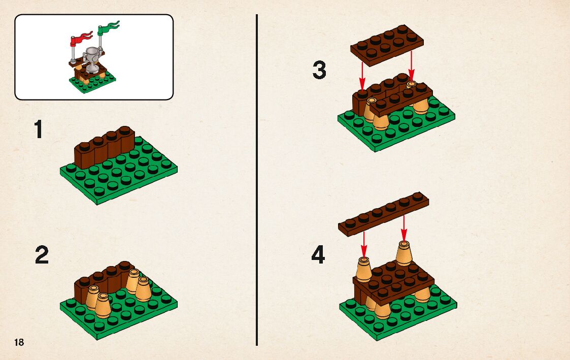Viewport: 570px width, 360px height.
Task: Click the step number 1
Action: (x=38, y=129)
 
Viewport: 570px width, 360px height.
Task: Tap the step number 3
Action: (x=319, y=70)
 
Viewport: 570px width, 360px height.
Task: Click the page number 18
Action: (x=19, y=342)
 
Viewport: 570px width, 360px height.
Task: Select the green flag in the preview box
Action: (x=108, y=28)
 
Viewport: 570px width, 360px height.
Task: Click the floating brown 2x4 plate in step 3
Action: (x=387, y=46)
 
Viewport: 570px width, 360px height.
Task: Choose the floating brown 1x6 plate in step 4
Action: (x=384, y=214)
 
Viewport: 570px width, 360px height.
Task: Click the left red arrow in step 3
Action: (x=362, y=75)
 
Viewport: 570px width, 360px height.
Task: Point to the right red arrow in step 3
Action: (x=411, y=66)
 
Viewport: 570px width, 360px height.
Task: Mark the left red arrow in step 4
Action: (x=364, y=244)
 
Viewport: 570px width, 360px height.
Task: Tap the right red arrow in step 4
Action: (x=404, y=228)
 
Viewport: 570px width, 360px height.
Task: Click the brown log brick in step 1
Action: (x=105, y=147)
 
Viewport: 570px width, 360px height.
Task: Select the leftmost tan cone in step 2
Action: (x=92, y=298)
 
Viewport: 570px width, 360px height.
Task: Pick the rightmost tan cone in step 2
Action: (x=144, y=289)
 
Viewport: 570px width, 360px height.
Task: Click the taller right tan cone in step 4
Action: (x=404, y=253)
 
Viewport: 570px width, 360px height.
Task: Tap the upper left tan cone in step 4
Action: (x=363, y=269)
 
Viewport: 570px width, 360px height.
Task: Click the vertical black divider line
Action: (x=257, y=180)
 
